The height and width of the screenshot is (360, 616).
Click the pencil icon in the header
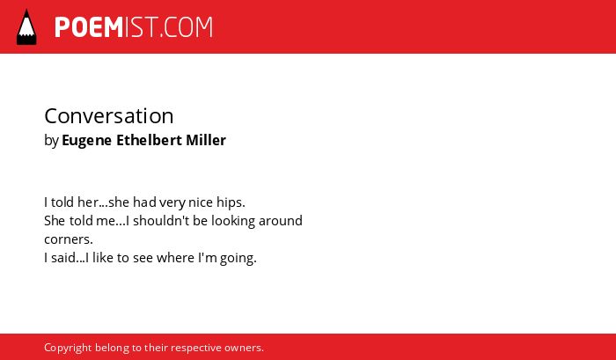26,27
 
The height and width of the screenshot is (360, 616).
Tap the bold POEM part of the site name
89,27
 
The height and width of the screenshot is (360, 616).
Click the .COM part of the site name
186,27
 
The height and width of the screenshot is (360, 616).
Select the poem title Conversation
109,116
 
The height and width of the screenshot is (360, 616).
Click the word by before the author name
51,141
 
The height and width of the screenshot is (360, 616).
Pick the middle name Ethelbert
149,140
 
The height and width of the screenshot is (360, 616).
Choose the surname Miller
206,140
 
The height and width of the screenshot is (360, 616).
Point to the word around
281,220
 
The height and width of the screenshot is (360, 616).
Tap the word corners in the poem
69,239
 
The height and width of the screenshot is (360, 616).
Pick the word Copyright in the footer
68,349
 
